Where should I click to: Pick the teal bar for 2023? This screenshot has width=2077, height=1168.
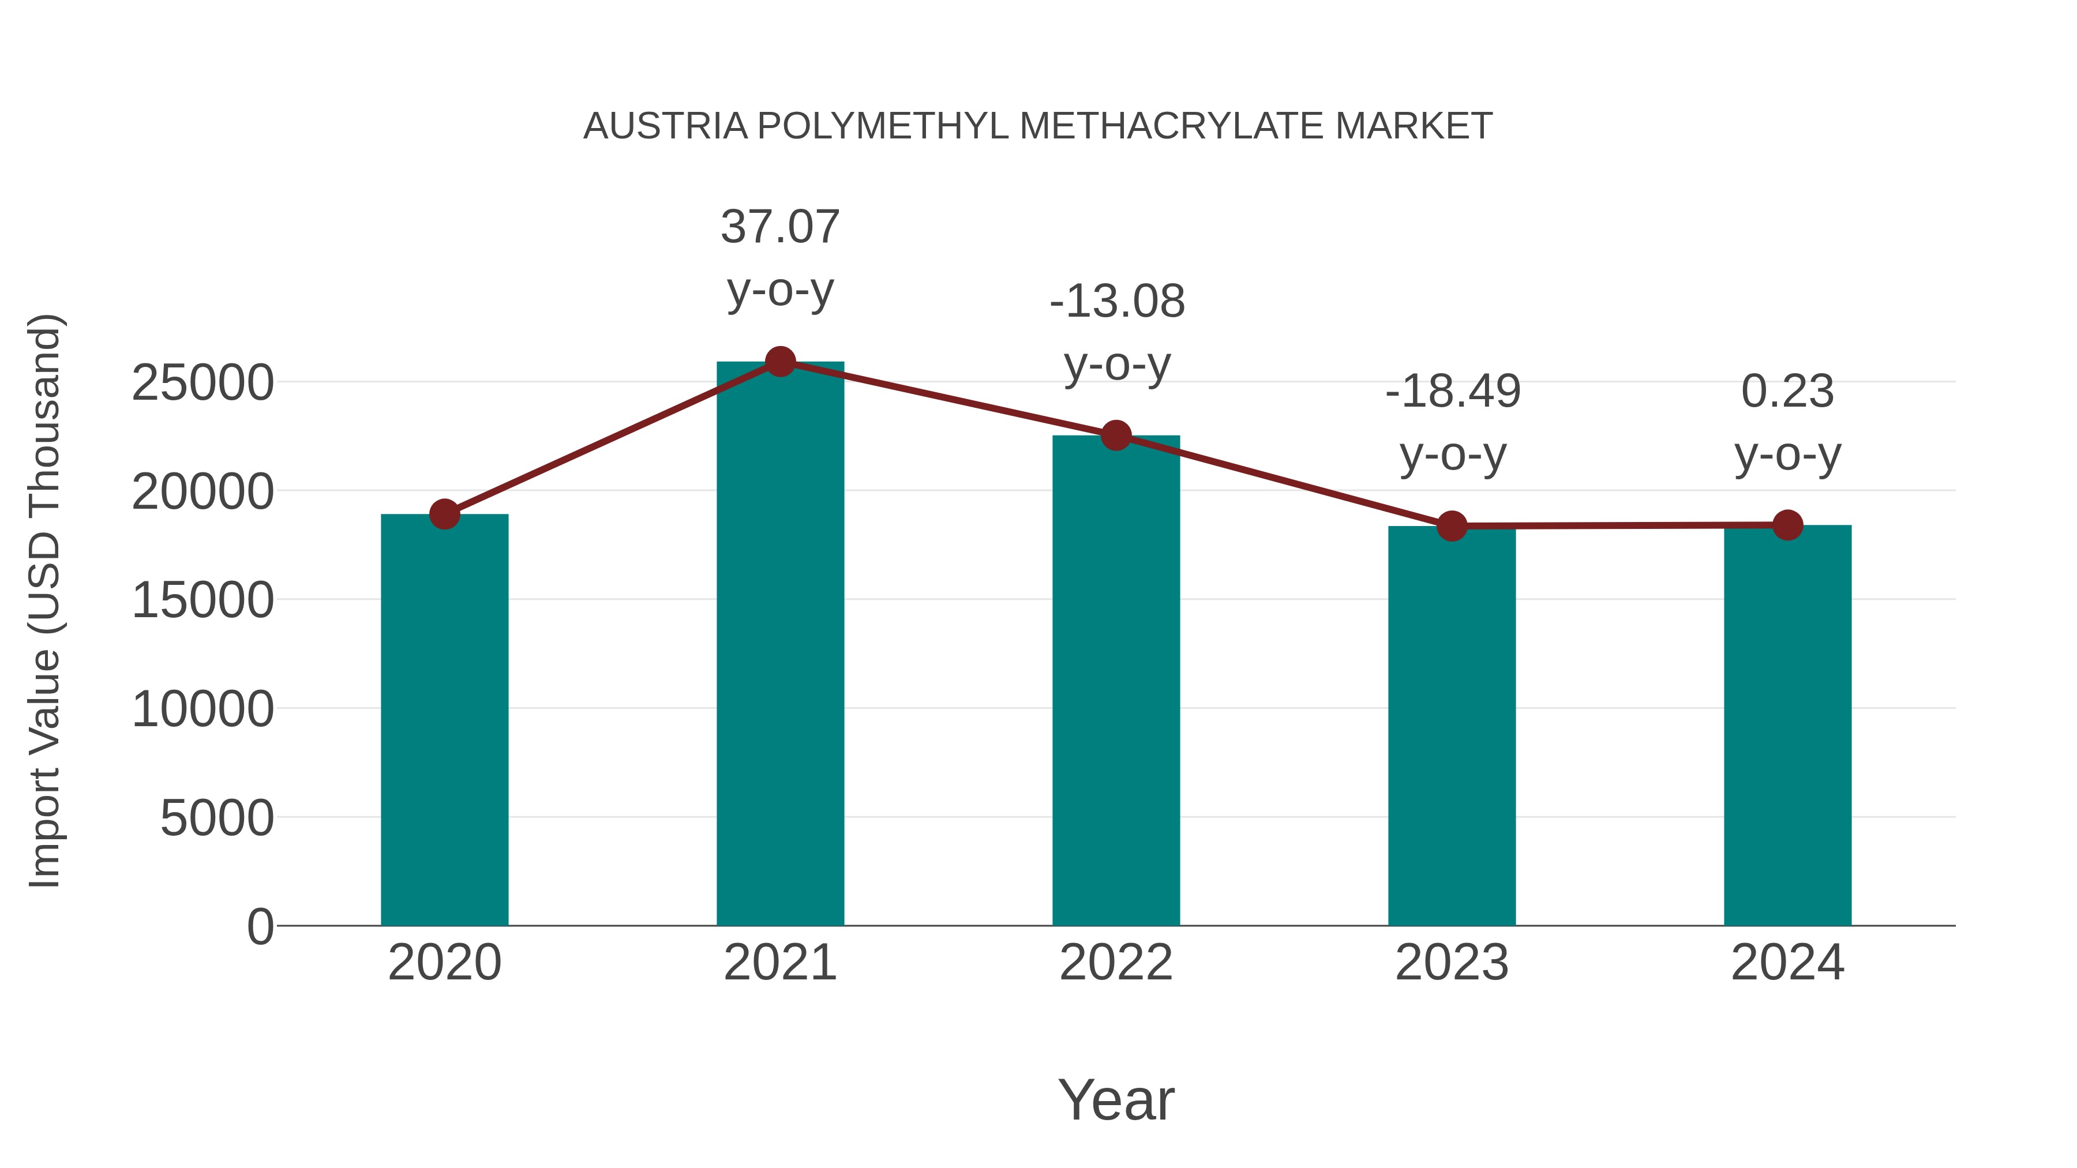tap(1452, 726)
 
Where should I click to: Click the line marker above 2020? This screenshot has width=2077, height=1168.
tap(444, 513)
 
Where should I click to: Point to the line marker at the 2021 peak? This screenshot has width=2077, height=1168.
tap(779, 362)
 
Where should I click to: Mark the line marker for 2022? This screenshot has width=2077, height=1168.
tap(1116, 435)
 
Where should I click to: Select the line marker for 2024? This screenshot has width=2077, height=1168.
tap(1787, 525)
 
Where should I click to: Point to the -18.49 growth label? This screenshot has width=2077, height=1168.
tap(1452, 422)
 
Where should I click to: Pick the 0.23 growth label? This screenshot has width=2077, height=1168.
tap(1787, 422)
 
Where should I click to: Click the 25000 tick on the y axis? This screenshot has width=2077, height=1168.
tap(203, 383)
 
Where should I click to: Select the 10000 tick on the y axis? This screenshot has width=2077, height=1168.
tap(203, 709)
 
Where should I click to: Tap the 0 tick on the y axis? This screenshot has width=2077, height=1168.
tap(260, 926)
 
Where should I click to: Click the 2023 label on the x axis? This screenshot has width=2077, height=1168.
tap(1452, 963)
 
